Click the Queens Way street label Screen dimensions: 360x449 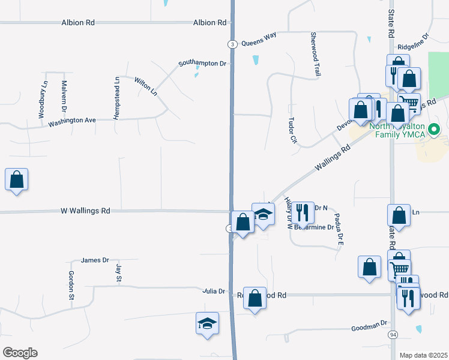259,43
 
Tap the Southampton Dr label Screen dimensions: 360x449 202,63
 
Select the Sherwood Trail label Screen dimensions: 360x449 313,54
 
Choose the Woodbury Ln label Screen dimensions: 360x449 44,95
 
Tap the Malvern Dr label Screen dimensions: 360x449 64,96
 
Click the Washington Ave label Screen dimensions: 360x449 72,121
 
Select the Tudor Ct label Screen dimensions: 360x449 294,130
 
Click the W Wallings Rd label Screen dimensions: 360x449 85,211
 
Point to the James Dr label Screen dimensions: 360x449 95,260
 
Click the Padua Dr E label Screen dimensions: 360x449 339,230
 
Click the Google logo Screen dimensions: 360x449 20,352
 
